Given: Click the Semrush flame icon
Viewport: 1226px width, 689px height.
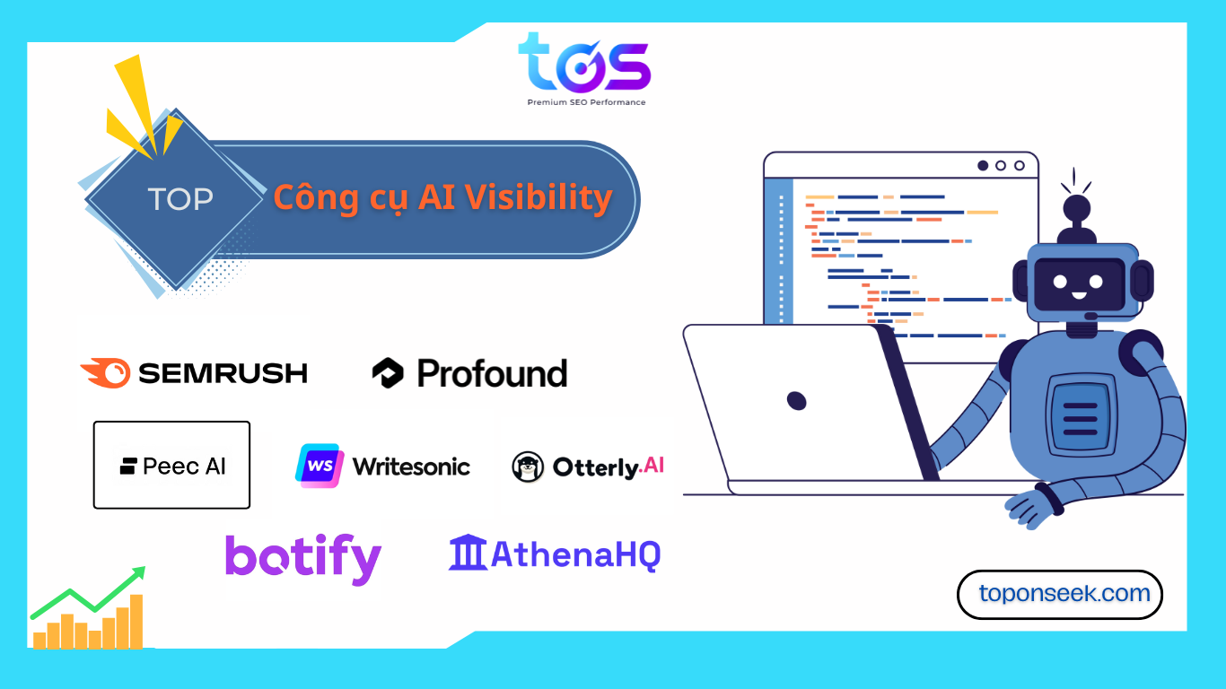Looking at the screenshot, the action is click(105, 372).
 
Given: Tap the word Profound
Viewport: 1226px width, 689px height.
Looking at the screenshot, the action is click(492, 374).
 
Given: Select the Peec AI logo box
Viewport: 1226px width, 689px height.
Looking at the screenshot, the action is click(171, 465).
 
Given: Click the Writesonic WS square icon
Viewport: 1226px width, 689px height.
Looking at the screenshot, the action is click(320, 466).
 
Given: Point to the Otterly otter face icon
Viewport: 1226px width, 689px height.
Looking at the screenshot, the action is click(528, 467).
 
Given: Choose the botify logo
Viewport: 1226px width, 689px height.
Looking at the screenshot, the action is click(303, 559).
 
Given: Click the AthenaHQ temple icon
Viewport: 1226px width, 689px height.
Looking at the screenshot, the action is click(468, 553).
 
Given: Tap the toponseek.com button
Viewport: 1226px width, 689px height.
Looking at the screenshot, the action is click(1060, 594).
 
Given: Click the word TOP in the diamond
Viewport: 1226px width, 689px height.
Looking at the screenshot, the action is click(180, 198).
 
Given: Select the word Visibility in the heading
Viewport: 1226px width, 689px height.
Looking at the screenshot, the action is click(539, 197).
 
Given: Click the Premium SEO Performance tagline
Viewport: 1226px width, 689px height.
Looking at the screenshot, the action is click(586, 102).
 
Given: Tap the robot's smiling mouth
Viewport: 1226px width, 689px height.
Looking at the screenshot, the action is click(1079, 296).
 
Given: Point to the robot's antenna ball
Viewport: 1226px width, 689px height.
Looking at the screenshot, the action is click(1077, 208).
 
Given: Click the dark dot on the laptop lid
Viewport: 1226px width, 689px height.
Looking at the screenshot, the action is click(796, 401).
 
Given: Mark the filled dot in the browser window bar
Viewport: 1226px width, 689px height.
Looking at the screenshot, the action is click(983, 165).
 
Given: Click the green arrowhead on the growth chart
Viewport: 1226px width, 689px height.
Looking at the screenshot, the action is click(138, 573).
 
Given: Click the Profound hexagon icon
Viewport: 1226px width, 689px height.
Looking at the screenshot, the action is click(388, 372).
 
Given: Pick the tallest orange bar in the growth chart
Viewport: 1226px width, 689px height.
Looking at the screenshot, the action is click(136, 621).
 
